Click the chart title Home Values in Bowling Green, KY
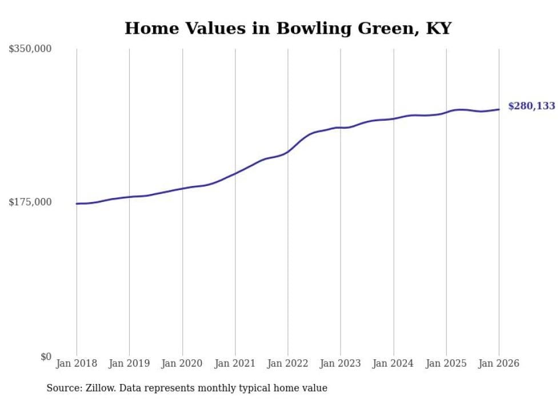pyautogui.click(x=287, y=28)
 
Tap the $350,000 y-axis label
pyautogui.click(x=30, y=49)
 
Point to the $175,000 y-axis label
pyautogui.click(x=30, y=202)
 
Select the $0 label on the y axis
pyautogui.click(x=46, y=357)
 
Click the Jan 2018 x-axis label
pyautogui.click(x=76, y=363)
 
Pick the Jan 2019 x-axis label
pyautogui.click(x=129, y=363)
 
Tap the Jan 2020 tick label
pyautogui.click(x=182, y=363)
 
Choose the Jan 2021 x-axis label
pyautogui.click(x=235, y=363)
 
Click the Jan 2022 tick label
pyautogui.click(x=288, y=363)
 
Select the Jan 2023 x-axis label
pyautogui.click(x=341, y=363)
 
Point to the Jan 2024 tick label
pyautogui.click(x=393, y=363)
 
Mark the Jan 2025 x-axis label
pyautogui.click(x=446, y=363)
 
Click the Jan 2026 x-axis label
pyautogui.click(x=499, y=363)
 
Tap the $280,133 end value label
pyautogui.click(x=531, y=106)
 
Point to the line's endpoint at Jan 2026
pyautogui.click(x=499, y=109)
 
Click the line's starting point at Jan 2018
pyautogui.click(x=77, y=203)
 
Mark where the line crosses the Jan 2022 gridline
pyautogui.click(x=288, y=151)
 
